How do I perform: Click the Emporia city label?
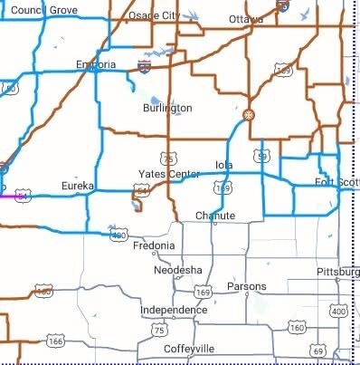coord(95,64)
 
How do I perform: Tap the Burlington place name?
coord(167,108)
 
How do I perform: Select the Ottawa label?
coord(245,19)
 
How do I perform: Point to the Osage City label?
coord(154,16)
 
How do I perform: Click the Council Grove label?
coord(44,9)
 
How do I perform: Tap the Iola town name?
coord(224,164)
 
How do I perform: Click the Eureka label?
coord(77,186)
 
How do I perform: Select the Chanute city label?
coord(215,216)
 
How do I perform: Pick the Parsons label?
coord(246,286)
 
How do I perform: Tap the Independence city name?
coord(174,311)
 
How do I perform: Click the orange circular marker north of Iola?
coord(249,115)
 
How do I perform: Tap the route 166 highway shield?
coord(56,342)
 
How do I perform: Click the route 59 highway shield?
coord(262,157)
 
